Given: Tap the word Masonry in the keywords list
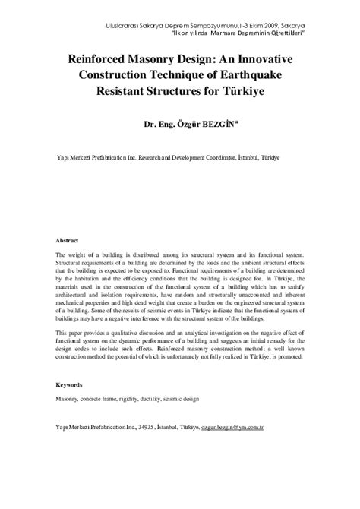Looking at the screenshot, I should (x=68, y=397).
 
